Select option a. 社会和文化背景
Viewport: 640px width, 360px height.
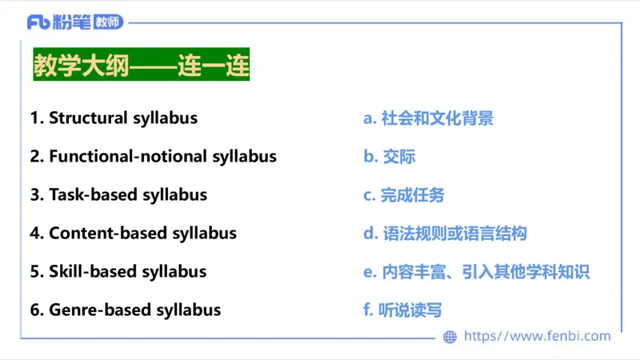[x=428, y=118]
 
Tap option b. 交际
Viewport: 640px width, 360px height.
[x=389, y=156]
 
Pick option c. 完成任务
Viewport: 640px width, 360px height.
[x=403, y=194]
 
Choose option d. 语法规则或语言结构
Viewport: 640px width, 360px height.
[x=445, y=233]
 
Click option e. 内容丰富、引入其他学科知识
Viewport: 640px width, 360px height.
[x=476, y=271]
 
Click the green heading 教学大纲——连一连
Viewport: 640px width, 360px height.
[x=141, y=64]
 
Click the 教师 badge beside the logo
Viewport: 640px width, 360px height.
[x=108, y=22]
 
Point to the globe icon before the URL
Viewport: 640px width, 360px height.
[x=450, y=337]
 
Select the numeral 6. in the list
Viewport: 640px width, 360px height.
[x=37, y=310]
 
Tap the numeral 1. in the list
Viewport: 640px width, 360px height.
[x=36, y=118]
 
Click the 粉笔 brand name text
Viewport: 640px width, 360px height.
[x=72, y=22]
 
